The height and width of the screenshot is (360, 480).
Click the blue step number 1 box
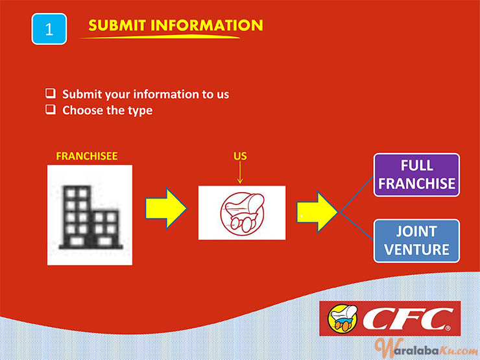(49, 29)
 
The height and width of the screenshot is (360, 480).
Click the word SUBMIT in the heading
(117, 25)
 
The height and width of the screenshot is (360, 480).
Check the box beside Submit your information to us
(51, 93)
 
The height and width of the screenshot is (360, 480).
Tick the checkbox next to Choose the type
(51, 109)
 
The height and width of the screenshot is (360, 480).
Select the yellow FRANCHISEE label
(87, 156)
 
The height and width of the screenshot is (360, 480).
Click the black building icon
(91, 217)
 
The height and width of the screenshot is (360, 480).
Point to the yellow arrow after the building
(165, 208)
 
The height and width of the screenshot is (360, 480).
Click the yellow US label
(240, 156)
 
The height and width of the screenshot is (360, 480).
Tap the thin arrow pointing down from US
(240, 173)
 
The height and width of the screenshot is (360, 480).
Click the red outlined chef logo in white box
(243, 213)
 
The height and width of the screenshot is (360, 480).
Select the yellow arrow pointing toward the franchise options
(317, 212)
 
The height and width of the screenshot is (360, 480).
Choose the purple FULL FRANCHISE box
(416, 174)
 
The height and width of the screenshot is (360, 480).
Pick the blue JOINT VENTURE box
(416, 241)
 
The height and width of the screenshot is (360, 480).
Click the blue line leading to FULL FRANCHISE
(357, 194)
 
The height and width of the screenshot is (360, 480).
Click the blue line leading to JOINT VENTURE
(357, 226)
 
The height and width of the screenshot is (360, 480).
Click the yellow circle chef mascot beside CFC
(342, 318)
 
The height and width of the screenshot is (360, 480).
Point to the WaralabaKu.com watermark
(426, 348)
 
